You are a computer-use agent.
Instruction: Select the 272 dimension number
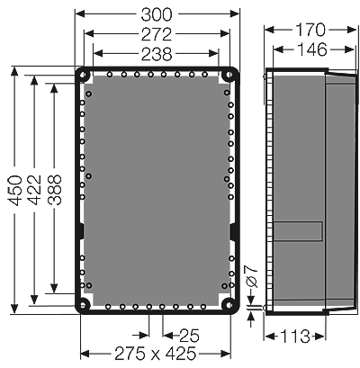click(157, 35)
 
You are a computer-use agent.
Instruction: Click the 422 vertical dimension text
click(34, 193)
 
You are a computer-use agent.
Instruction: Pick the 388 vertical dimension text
click(54, 193)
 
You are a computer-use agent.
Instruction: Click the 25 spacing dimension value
click(187, 334)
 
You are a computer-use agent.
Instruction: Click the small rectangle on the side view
click(298, 231)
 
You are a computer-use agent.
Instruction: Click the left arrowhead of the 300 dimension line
click(79, 14)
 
